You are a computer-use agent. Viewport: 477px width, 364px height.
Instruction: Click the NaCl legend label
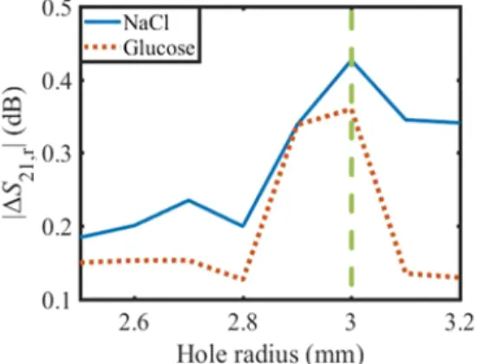(146, 23)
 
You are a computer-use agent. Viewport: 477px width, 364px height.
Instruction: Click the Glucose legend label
(159, 48)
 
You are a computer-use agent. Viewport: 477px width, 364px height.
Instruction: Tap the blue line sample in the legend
(102, 22)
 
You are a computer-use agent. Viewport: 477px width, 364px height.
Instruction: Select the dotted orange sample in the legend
(101, 48)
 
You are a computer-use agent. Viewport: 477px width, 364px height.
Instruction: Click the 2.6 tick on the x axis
(134, 323)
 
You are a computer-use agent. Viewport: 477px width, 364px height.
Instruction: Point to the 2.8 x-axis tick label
(243, 323)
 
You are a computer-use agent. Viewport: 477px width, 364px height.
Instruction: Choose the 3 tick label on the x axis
(351, 323)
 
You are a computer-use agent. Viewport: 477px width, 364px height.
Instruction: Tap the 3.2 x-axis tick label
(460, 323)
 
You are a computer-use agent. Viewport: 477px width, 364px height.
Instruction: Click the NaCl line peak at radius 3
(351, 62)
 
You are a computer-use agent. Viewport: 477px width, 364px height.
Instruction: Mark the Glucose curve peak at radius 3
(351, 111)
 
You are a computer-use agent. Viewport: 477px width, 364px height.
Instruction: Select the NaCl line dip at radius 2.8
(243, 226)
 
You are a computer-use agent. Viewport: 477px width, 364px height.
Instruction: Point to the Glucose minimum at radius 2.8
(243, 279)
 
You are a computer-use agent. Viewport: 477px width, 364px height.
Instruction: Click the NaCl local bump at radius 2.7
(188, 200)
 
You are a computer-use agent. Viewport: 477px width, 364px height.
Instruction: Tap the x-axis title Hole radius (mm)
(270, 354)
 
